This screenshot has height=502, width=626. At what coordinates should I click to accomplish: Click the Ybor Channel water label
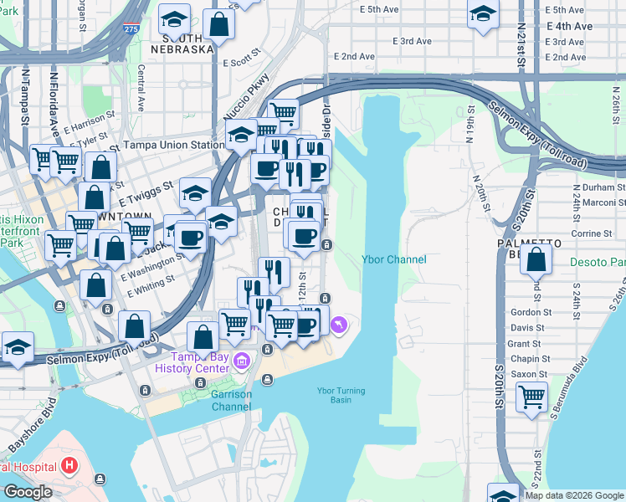click(x=393, y=259)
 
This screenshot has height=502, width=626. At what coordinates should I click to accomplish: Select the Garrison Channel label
click(x=230, y=401)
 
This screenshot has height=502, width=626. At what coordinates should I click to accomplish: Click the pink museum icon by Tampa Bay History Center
click(x=242, y=361)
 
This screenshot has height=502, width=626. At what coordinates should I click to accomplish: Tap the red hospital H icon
click(x=69, y=464)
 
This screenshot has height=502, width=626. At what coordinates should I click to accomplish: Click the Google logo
click(x=28, y=492)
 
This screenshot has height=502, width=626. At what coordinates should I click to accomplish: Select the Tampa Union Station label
click(x=174, y=145)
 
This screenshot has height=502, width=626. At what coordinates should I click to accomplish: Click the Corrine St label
click(x=587, y=233)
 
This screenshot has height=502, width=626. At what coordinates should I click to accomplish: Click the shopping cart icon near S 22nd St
click(x=531, y=397)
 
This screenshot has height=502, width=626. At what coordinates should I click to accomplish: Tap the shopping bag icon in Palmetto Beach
click(x=536, y=260)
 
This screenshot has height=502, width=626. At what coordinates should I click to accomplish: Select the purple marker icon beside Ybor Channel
click(x=338, y=325)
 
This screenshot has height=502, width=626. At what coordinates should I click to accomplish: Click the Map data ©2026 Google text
click(x=573, y=495)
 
